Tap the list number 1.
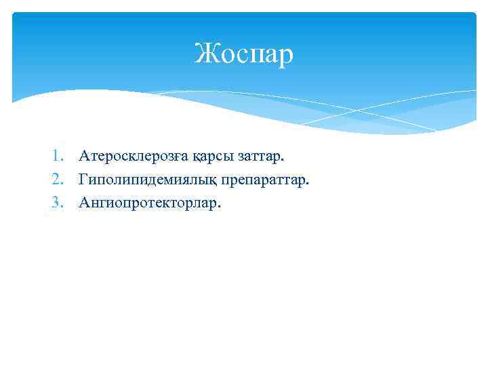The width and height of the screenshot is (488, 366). pos(58,157)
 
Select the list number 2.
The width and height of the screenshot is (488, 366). pos(58,180)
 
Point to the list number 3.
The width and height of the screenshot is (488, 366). pos(58,202)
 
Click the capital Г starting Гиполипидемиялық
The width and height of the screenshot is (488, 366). pos(83,180)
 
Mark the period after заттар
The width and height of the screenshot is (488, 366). pos(284,161)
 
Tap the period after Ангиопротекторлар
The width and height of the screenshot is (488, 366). pos(219,207)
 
